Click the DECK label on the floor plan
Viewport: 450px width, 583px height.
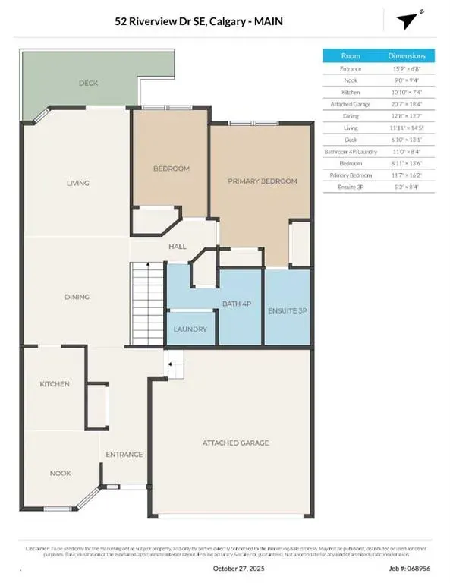[x=88, y=83]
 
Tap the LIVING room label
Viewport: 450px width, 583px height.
[x=77, y=183]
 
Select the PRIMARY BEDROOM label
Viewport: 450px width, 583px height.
[x=262, y=181]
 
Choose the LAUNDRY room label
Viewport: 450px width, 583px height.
[x=190, y=329]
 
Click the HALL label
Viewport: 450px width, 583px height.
[x=177, y=247]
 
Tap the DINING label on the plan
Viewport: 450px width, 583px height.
[x=77, y=297]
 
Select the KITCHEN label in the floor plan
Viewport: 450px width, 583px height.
[x=55, y=384]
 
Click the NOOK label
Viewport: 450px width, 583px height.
[x=61, y=473]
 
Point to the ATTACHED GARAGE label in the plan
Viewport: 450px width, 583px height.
[x=235, y=443]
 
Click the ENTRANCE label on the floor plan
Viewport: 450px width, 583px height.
[x=124, y=455]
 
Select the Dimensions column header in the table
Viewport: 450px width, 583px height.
[x=412, y=55]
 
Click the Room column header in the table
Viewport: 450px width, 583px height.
[x=351, y=55]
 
